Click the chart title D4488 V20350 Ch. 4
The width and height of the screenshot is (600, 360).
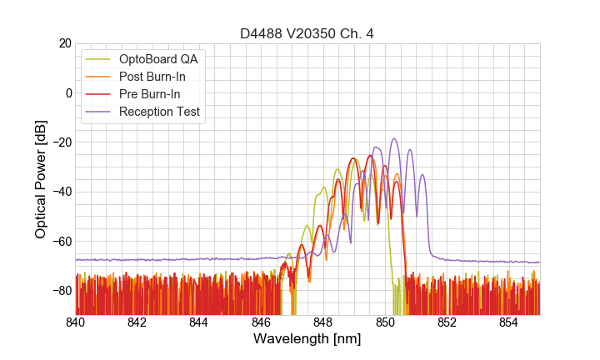click(x=307, y=33)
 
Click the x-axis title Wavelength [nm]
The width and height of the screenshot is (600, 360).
click(x=307, y=339)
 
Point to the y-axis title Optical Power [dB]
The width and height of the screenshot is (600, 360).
click(x=41, y=179)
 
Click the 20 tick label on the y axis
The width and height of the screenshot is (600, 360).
click(x=64, y=43)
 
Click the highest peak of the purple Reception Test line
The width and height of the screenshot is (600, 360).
click(x=394, y=139)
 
